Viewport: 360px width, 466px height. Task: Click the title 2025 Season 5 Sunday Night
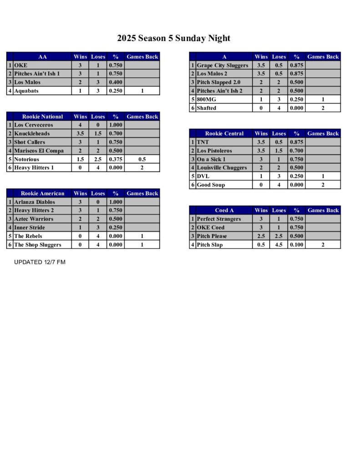coord(173,38)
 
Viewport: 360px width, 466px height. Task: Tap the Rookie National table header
coord(42,116)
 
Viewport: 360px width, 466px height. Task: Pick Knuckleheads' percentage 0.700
coord(115,134)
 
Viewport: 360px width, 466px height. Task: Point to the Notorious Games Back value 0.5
coord(142,159)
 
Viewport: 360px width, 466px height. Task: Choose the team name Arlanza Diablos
coord(35,202)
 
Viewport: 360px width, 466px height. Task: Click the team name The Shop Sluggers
coord(37,245)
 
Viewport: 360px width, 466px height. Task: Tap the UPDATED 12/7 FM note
coord(40,262)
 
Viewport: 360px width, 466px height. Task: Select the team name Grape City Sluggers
coord(222,66)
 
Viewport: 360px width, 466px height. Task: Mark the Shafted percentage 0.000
coord(296,108)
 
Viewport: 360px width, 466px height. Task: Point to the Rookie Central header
coord(224,134)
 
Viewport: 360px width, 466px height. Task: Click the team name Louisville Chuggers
coord(222,168)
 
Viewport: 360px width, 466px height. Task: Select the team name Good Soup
coord(211,185)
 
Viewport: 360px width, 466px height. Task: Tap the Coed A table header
coord(224,210)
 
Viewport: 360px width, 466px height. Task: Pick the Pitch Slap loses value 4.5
coord(279,245)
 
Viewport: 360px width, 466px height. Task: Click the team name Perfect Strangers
coord(219,219)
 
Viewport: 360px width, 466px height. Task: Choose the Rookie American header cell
coord(42,193)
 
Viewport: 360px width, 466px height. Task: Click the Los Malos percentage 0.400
coord(115,82)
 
